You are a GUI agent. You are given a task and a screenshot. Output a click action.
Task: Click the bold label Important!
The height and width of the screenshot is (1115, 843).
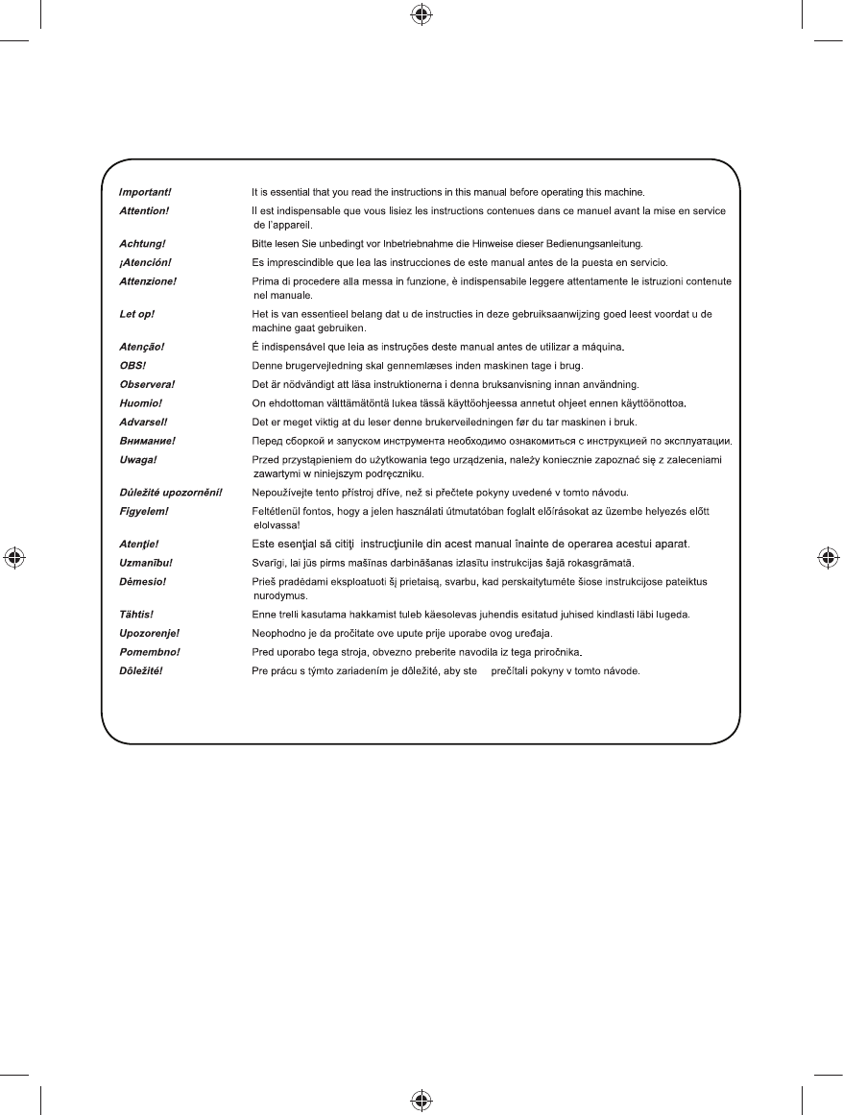click(x=145, y=192)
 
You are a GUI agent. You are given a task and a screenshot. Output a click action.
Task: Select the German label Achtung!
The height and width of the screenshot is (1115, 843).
click(x=141, y=244)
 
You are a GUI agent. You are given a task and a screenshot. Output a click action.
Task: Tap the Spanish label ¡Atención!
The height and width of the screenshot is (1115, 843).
click(x=145, y=262)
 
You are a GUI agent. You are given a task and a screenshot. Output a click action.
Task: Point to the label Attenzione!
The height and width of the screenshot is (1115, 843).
click(x=148, y=280)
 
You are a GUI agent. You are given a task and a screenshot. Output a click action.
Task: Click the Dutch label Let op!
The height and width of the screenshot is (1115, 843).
click(x=132, y=314)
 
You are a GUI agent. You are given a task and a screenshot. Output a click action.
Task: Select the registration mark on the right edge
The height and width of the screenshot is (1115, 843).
click(x=828, y=558)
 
